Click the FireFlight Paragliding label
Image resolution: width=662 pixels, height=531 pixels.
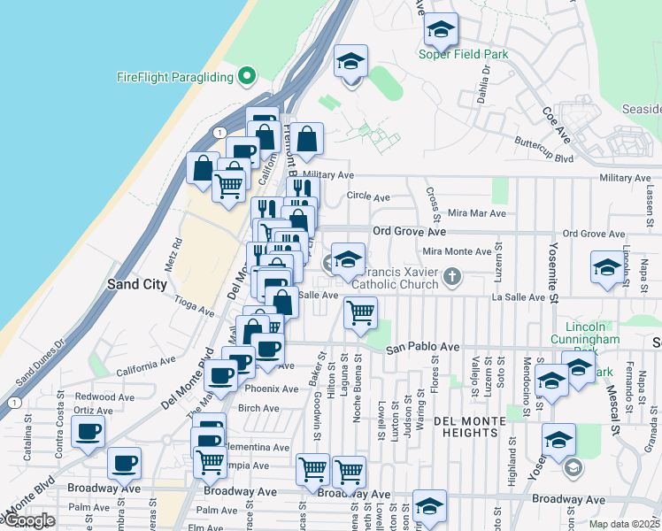[174, 77]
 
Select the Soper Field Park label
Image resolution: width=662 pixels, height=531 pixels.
[464, 54]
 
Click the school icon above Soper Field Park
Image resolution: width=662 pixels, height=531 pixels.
[440, 32]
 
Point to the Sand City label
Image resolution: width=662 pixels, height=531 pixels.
[135, 285]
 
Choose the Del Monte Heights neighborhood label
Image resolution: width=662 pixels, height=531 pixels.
[466, 427]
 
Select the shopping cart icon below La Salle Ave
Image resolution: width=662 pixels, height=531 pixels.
[360, 313]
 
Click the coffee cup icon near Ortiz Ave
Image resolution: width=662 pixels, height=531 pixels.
[88, 433]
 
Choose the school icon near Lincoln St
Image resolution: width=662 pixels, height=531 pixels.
[606, 269]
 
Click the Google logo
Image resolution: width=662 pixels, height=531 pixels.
[28, 520]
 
